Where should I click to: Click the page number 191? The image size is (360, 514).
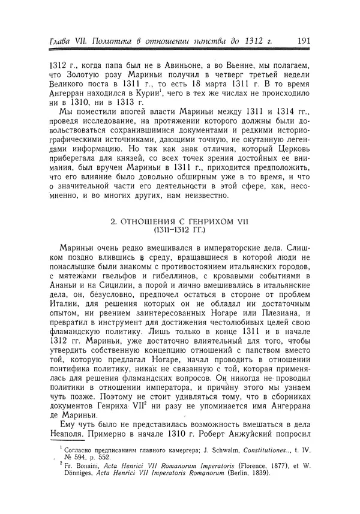pos(303,41)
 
